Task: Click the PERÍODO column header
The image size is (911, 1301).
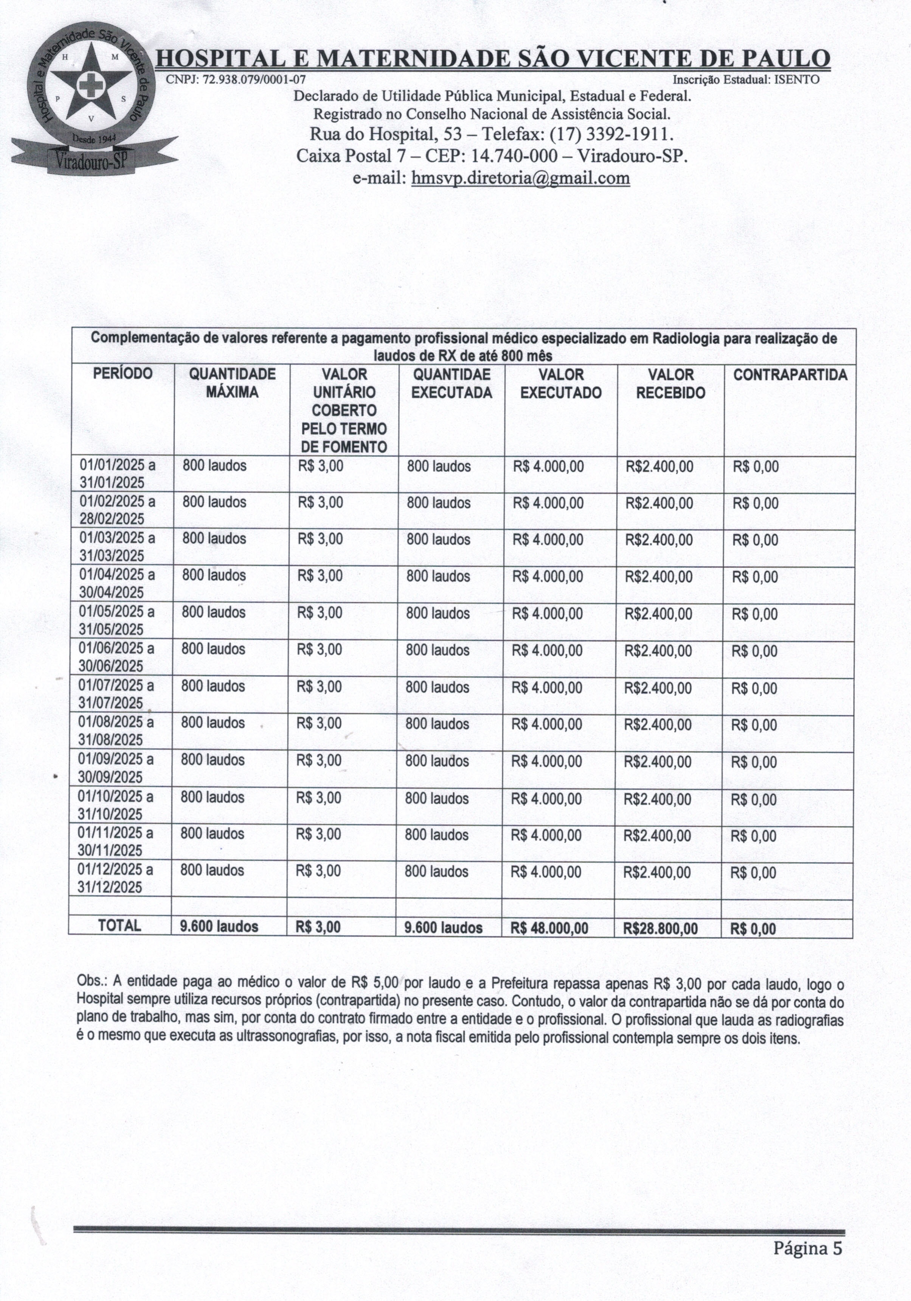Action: point(123,374)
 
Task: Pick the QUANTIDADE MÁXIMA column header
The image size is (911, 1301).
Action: point(232,383)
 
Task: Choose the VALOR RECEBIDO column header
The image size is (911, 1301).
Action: point(670,383)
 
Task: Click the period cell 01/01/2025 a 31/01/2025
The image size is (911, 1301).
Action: point(117,474)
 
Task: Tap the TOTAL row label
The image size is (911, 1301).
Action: point(120,926)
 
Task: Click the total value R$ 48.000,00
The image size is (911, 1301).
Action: point(549,928)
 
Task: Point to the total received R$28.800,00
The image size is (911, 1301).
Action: point(660,928)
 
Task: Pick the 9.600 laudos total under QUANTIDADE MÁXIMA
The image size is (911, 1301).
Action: point(219,927)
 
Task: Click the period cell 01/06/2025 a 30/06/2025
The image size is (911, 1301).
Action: point(116,657)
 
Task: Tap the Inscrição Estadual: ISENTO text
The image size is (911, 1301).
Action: point(746,80)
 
